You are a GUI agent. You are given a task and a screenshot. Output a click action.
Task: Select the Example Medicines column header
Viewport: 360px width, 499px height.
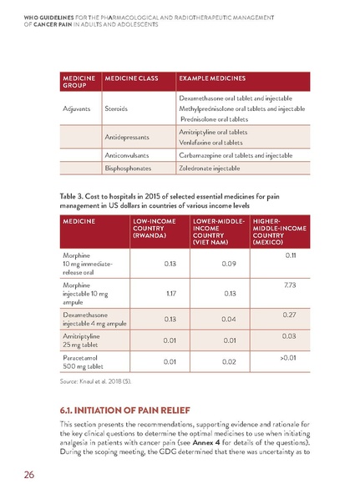click(x=212, y=79)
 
